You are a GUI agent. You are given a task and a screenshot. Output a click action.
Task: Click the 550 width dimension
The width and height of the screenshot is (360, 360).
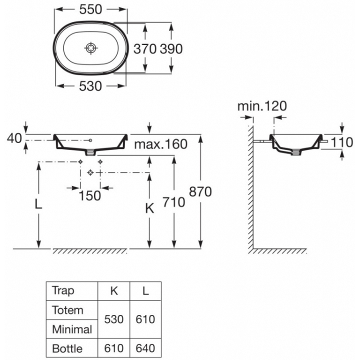(x=90, y=9)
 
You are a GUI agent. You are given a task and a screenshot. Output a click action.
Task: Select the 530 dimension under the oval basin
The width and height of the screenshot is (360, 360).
(x=90, y=86)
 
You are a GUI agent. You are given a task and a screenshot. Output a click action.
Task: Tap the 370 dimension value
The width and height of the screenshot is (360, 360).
(x=145, y=48)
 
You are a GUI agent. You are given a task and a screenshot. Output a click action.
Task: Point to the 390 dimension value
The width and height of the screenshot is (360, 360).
(x=171, y=48)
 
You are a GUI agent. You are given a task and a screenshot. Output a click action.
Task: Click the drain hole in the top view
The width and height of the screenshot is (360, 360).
(x=90, y=47)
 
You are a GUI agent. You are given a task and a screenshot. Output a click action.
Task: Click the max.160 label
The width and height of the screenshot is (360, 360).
(x=160, y=145)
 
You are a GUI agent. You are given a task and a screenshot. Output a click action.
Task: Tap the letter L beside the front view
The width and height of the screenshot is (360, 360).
(x=38, y=205)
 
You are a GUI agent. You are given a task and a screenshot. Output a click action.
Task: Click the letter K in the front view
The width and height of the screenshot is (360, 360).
(x=149, y=209)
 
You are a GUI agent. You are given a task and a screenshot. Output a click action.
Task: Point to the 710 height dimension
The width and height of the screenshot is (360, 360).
(x=174, y=201)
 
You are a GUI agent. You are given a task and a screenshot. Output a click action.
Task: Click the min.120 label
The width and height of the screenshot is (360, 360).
(x=262, y=106)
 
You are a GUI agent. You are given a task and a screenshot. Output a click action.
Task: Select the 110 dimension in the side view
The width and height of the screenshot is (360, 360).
(x=342, y=142)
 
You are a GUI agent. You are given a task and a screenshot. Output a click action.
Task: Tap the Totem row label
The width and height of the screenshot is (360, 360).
(x=67, y=310)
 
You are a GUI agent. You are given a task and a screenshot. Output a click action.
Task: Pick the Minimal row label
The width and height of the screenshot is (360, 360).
(x=72, y=329)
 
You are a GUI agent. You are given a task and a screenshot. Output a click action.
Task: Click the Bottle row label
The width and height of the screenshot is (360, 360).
(x=67, y=348)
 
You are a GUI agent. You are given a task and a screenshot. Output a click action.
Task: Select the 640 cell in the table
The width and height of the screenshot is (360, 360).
(x=145, y=348)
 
